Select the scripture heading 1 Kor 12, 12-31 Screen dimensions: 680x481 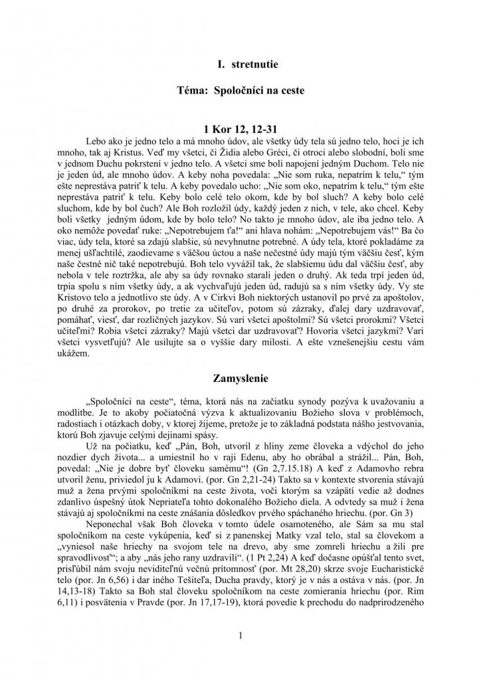[x=240, y=128]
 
